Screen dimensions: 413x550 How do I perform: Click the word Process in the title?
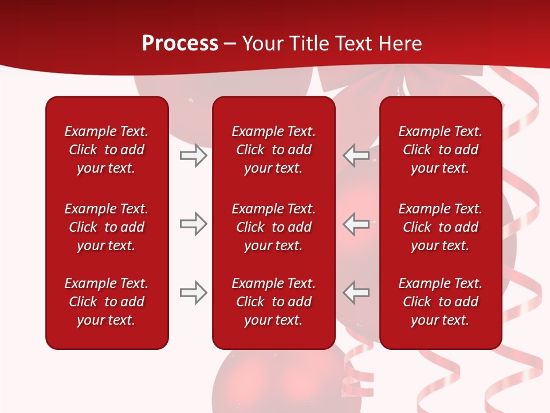tap(180, 44)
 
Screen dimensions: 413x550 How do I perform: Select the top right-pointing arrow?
tap(194, 155)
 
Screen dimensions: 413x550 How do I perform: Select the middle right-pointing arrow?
tap(194, 224)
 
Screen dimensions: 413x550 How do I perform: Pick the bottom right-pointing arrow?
tap(194, 293)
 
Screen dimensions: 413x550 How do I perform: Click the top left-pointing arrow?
tap(356, 155)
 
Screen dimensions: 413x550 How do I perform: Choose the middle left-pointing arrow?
tap(356, 224)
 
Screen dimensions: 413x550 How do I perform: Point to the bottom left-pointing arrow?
tap(356, 293)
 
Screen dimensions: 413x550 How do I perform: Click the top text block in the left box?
tap(107, 150)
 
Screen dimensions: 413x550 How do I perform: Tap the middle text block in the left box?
tap(107, 227)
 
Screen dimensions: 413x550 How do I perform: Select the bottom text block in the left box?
tap(107, 302)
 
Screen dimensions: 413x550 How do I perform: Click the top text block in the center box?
tap(273, 150)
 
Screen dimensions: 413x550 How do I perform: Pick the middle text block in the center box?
tap(273, 227)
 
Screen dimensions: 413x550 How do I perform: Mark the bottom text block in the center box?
tap(273, 302)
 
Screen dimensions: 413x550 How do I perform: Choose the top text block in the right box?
tap(440, 150)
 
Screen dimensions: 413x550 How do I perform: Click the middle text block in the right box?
tap(440, 227)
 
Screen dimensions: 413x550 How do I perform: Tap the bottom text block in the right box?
tap(440, 302)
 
